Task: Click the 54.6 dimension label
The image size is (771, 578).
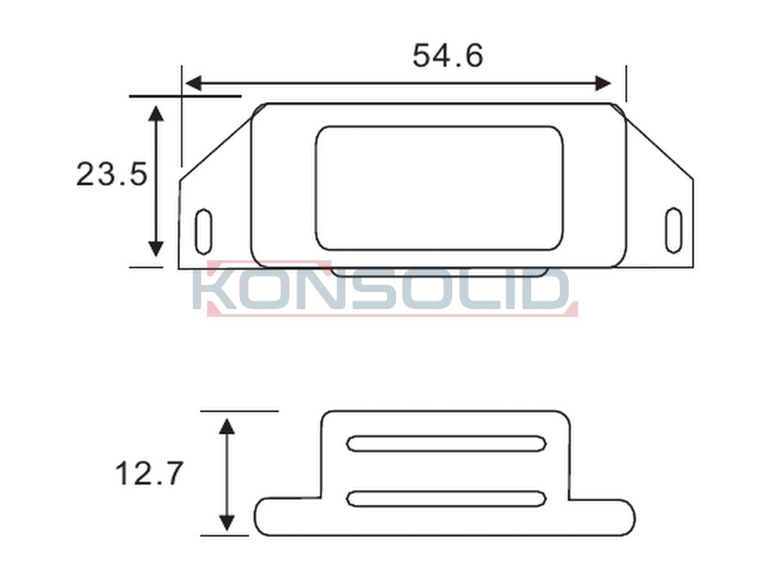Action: pos(447,55)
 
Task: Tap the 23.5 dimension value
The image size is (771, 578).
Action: pos(111,174)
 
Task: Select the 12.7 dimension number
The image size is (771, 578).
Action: pos(149,474)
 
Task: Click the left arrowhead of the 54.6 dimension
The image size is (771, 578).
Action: pos(194,84)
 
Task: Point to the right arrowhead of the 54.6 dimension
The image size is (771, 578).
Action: pos(603,84)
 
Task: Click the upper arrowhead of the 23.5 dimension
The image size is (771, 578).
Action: pos(156,113)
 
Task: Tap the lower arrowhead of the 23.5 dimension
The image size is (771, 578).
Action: pos(156,249)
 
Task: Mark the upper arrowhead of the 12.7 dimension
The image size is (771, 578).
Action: pos(226,426)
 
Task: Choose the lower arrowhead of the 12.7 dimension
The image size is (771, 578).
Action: pos(226,523)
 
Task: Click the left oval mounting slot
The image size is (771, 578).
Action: pos(203,232)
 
